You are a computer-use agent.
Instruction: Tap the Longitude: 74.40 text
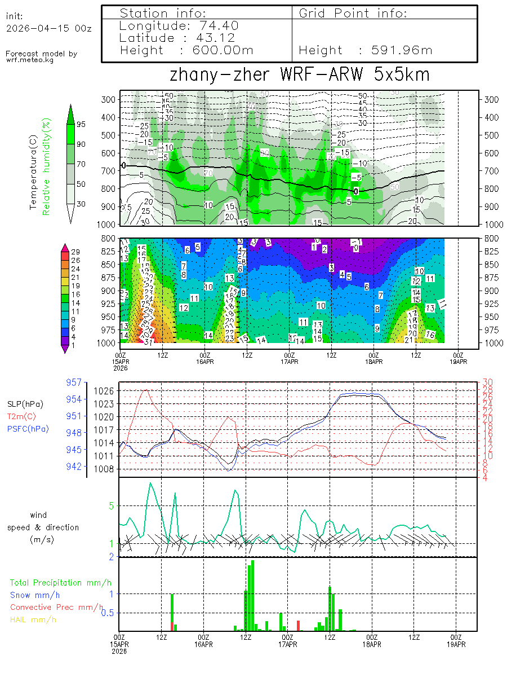click(x=179, y=26)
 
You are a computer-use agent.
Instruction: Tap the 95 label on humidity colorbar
click(x=81, y=124)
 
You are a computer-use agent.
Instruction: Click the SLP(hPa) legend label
click(x=25, y=405)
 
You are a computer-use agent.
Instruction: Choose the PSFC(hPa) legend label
click(x=28, y=429)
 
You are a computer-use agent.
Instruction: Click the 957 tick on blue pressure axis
click(x=74, y=383)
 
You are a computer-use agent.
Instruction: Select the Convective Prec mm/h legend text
click(x=57, y=607)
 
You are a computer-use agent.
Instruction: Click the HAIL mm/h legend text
click(x=33, y=619)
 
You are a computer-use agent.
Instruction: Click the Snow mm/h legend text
click(x=35, y=595)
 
